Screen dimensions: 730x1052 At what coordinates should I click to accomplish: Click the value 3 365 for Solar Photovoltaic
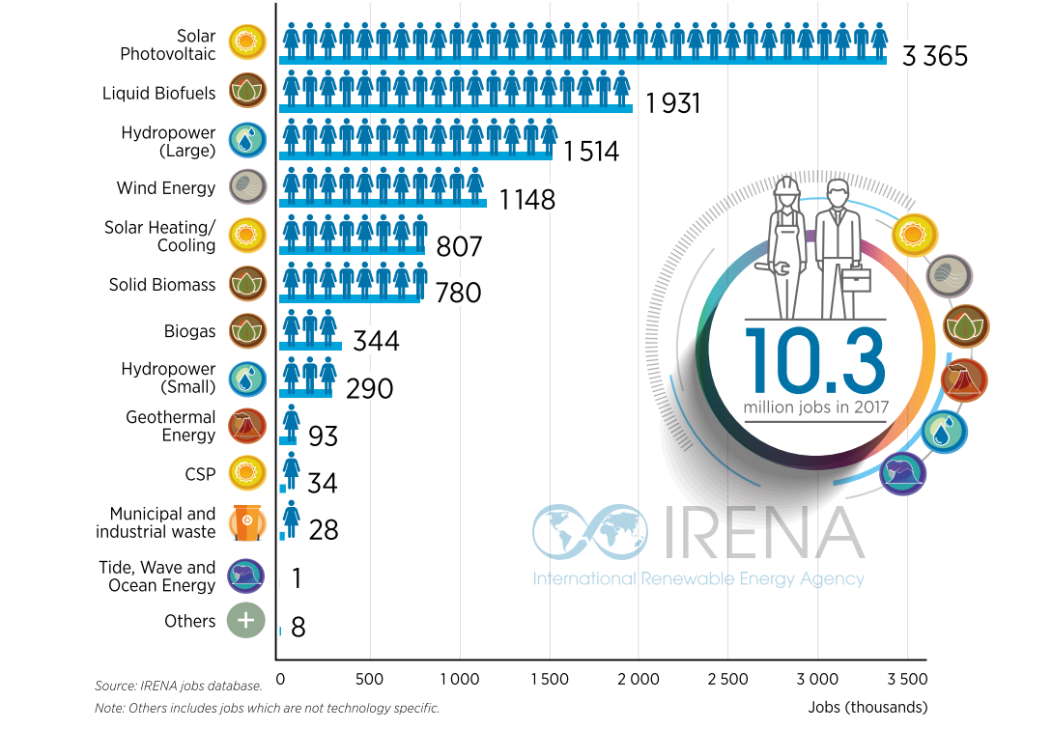coord(934,56)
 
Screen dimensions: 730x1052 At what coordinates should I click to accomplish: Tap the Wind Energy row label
coord(165,188)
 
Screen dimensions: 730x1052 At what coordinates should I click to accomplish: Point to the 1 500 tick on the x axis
coord(550,680)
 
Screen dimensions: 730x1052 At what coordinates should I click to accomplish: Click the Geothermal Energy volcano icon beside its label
coord(247,427)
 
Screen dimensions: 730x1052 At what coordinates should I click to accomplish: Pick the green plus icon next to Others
coord(246,620)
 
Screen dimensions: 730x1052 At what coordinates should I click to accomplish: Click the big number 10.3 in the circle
coord(814,360)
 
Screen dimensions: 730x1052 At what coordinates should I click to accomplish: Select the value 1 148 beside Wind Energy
coord(527,200)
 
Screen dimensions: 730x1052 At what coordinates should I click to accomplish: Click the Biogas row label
coord(189,331)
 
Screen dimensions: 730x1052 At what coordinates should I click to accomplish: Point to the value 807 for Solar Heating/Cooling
coord(459,247)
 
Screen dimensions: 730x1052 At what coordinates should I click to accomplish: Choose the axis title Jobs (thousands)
coord(867,707)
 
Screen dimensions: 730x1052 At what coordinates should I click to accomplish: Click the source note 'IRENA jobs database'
coord(179,686)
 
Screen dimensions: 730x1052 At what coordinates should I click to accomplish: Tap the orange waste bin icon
coord(247,523)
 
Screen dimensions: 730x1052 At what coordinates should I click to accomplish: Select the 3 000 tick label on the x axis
coord(818,680)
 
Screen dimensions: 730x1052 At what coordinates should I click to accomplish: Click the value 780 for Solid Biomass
coord(458,292)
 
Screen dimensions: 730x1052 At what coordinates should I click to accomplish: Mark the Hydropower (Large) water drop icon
coord(247,142)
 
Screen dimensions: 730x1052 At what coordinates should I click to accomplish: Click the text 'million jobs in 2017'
coord(814,407)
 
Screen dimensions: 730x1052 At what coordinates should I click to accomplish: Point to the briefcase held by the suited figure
coord(856,281)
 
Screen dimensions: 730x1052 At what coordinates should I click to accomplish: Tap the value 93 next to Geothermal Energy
coord(323,436)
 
